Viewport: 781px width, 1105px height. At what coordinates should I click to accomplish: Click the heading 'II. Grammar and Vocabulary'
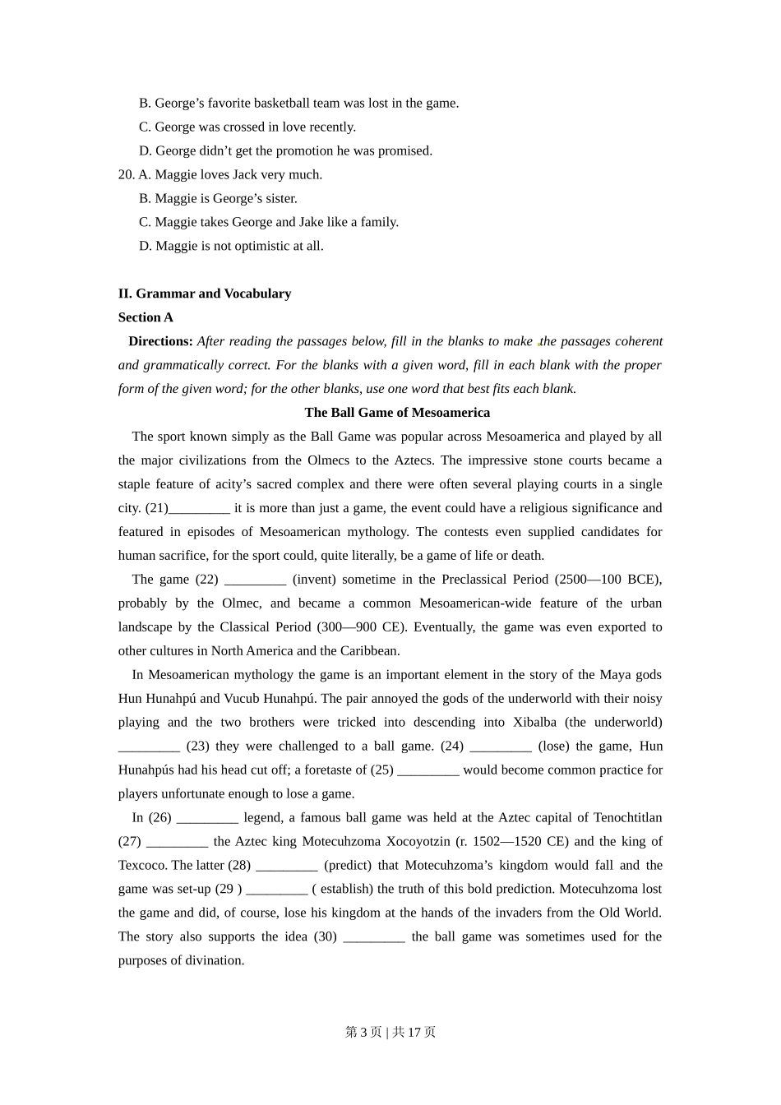pyautogui.click(x=204, y=294)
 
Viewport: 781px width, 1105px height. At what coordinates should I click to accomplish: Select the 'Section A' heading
pyautogui.click(x=146, y=317)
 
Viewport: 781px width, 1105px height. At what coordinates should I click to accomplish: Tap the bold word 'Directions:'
pyautogui.click(x=160, y=341)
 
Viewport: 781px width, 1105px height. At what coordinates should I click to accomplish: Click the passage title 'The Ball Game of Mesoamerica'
pyautogui.click(x=397, y=413)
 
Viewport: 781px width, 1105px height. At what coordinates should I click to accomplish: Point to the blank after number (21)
pyautogui.click(x=199, y=509)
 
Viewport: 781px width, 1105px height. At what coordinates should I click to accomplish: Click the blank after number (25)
pyautogui.click(x=427, y=770)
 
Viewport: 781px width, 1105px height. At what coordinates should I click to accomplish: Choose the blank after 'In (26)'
pyautogui.click(x=207, y=818)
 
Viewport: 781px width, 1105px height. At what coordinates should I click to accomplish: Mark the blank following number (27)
pyautogui.click(x=177, y=842)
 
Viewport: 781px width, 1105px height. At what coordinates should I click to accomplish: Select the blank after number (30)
pyautogui.click(x=374, y=937)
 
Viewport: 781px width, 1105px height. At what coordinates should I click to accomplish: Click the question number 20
pyautogui.click(x=126, y=175)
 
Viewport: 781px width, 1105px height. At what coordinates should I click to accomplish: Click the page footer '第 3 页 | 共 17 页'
pyautogui.click(x=390, y=1032)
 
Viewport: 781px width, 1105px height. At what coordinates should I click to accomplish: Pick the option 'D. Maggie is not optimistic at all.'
pyautogui.click(x=231, y=247)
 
